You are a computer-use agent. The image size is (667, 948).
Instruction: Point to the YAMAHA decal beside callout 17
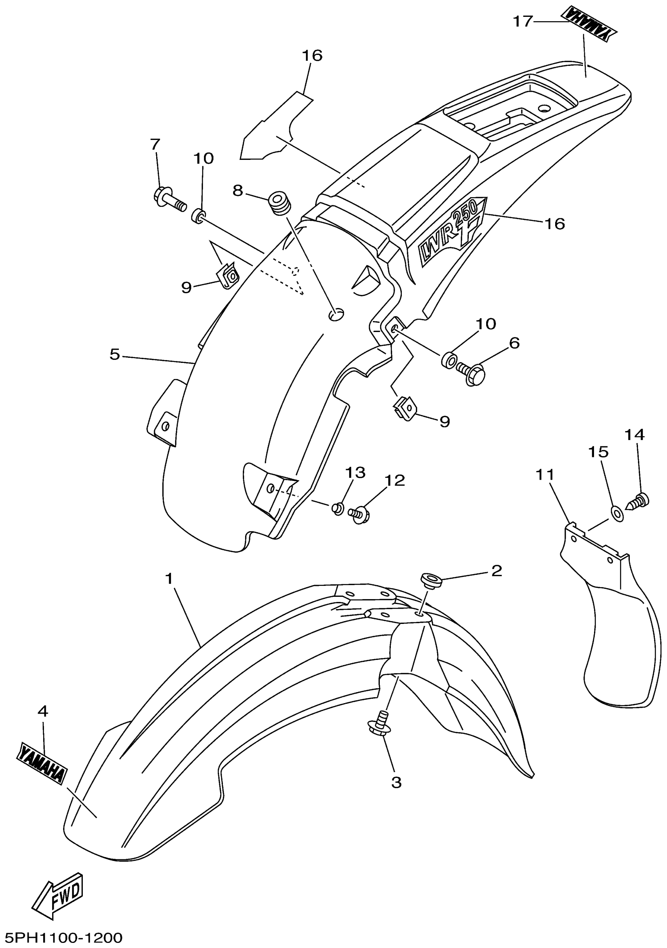tap(588, 24)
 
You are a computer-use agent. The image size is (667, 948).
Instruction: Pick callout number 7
tap(155, 144)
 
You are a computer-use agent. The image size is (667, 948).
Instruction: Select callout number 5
tap(115, 354)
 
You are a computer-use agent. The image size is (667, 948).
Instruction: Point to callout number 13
tap(355, 472)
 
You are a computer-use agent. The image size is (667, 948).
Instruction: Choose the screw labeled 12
tap(358, 515)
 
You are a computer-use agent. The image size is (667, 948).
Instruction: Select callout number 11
tap(545, 475)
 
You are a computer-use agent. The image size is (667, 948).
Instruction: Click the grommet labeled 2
tap(431, 580)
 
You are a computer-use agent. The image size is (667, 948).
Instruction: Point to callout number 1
tap(169, 579)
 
